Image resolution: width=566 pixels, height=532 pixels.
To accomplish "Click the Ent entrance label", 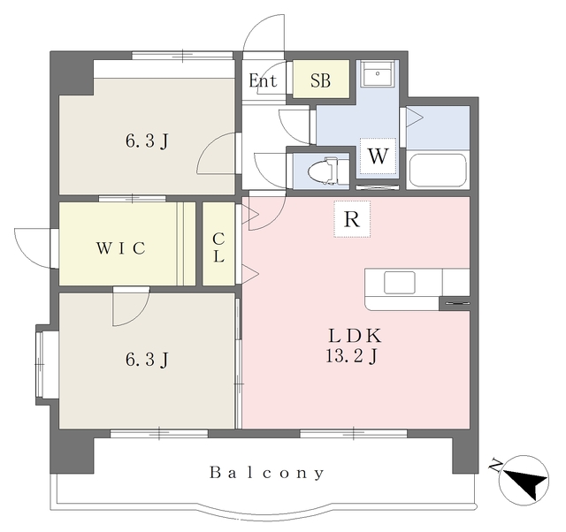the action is click(x=263, y=80).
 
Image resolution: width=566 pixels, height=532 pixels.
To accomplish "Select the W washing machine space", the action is click(x=378, y=156).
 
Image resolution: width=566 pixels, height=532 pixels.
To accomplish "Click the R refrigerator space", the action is click(x=352, y=219).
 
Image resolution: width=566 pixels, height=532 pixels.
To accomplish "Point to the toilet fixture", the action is click(x=324, y=171).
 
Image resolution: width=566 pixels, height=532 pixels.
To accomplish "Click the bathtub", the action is click(x=438, y=171).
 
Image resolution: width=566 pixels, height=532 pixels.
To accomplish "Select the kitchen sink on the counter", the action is click(x=400, y=283).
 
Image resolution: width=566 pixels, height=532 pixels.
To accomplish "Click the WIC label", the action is click(x=121, y=248).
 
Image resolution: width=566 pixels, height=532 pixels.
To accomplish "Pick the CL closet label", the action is click(x=218, y=247).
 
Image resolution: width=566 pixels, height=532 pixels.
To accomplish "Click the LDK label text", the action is click(x=355, y=336).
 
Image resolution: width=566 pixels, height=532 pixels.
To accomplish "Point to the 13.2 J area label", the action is click(x=352, y=356).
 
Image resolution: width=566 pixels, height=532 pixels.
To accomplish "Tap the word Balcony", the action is click(x=267, y=473).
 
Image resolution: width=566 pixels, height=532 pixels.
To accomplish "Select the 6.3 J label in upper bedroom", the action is click(x=147, y=141).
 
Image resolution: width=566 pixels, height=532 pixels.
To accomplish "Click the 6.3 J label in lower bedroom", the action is click(x=147, y=360).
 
